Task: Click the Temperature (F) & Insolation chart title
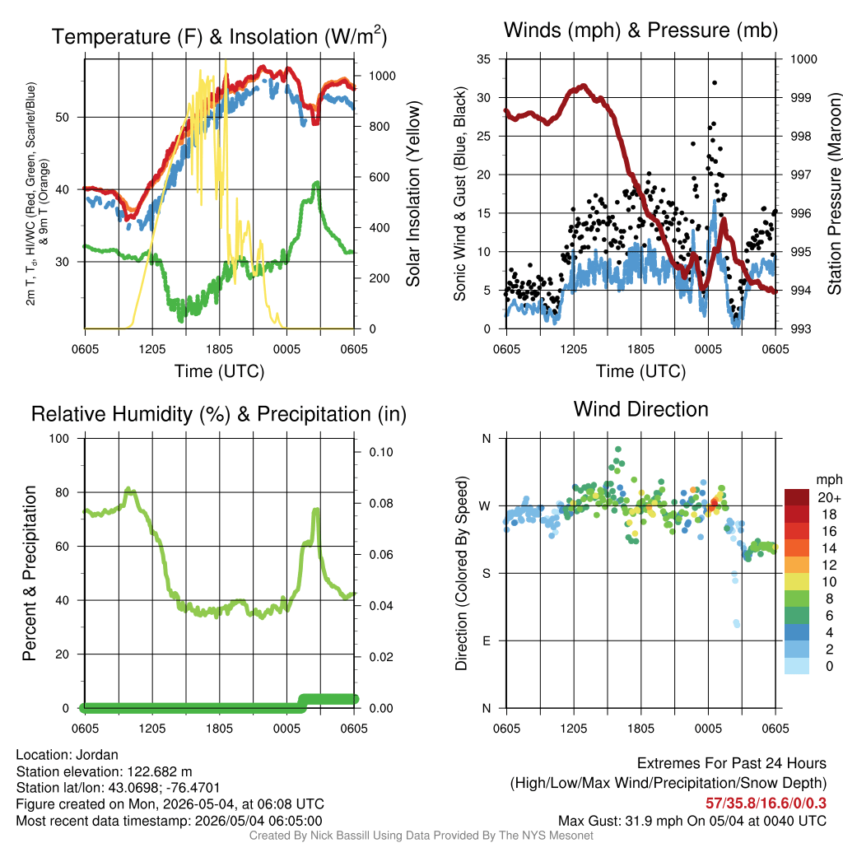[219, 36]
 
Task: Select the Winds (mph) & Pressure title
[640, 30]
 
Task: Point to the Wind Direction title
[640, 409]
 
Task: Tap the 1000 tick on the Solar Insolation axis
[382, 76]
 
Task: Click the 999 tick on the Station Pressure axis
[800, 98]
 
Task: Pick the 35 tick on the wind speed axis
[483, 59]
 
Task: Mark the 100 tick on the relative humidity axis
[59, 438]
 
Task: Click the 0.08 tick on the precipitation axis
[381, 503]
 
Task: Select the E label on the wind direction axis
[487, 640]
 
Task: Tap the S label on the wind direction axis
[487, 574]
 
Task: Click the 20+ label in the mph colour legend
[829, 497]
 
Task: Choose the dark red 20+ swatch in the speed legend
[797, 497]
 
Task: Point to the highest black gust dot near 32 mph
[715, 83]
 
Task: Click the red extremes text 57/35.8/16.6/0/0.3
[766, 803]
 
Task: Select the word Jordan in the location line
[97, 755]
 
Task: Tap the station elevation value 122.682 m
[160, 771]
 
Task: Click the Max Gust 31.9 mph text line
[692, 821]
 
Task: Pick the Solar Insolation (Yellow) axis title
[413, 194]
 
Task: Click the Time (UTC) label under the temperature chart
[219, 371]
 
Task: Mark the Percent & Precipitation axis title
[30, 573]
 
